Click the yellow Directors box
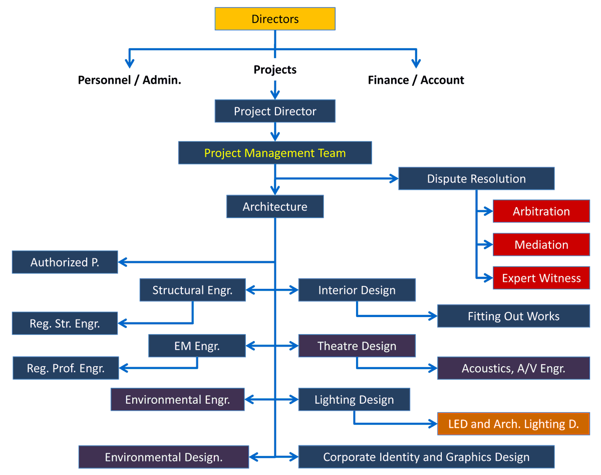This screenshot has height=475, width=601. (x=275, y=19)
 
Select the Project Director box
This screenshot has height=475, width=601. (x=275, y=111)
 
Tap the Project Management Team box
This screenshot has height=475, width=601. (x=275, y=152)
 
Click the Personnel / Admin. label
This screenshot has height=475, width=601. (x=129, y=80)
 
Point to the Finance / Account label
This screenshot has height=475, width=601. (x=416, y=80)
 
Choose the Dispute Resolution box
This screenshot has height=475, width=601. (x=476, y=179)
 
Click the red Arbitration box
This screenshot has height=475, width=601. (x=541, y=211)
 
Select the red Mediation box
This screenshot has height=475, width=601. (x=541, y=245)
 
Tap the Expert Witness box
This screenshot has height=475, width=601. (x=541, y=278)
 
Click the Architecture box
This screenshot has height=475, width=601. (x=275, y=207)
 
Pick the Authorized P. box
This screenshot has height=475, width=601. (x=65, y=262)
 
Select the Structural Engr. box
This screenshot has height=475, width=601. (x=192, y=290)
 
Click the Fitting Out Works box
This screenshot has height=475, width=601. (x=513, y=316)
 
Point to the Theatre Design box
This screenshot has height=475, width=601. (x=357, y=346)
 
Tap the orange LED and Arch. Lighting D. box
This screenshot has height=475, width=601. (x=513, y=424)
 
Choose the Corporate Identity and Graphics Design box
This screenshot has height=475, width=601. (x=426, y=457)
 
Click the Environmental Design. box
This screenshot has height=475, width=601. (x=164, y=457)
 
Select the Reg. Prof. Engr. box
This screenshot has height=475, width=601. (x=66, y=368)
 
